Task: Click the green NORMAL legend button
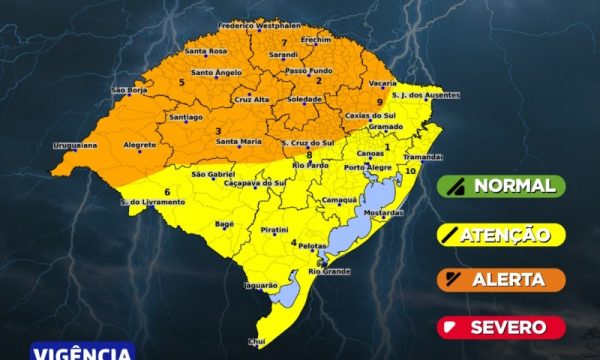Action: pos(501,185)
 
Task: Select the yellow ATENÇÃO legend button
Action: pos(501,234)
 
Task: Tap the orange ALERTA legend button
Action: pos(501,280)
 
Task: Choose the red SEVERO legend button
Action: pos(501,327)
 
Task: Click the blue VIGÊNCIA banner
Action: pos(83,352)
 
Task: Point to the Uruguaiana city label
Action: pos(75,145)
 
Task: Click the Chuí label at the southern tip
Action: pos(257,341)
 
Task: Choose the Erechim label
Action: pos(315,38)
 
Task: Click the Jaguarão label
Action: pos(259,285)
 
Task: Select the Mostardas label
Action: pos(382,214)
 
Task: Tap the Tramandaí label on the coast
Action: pos(422,157)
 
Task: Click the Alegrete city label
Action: pos(139,145)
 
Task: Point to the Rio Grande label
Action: pos(330,271)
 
